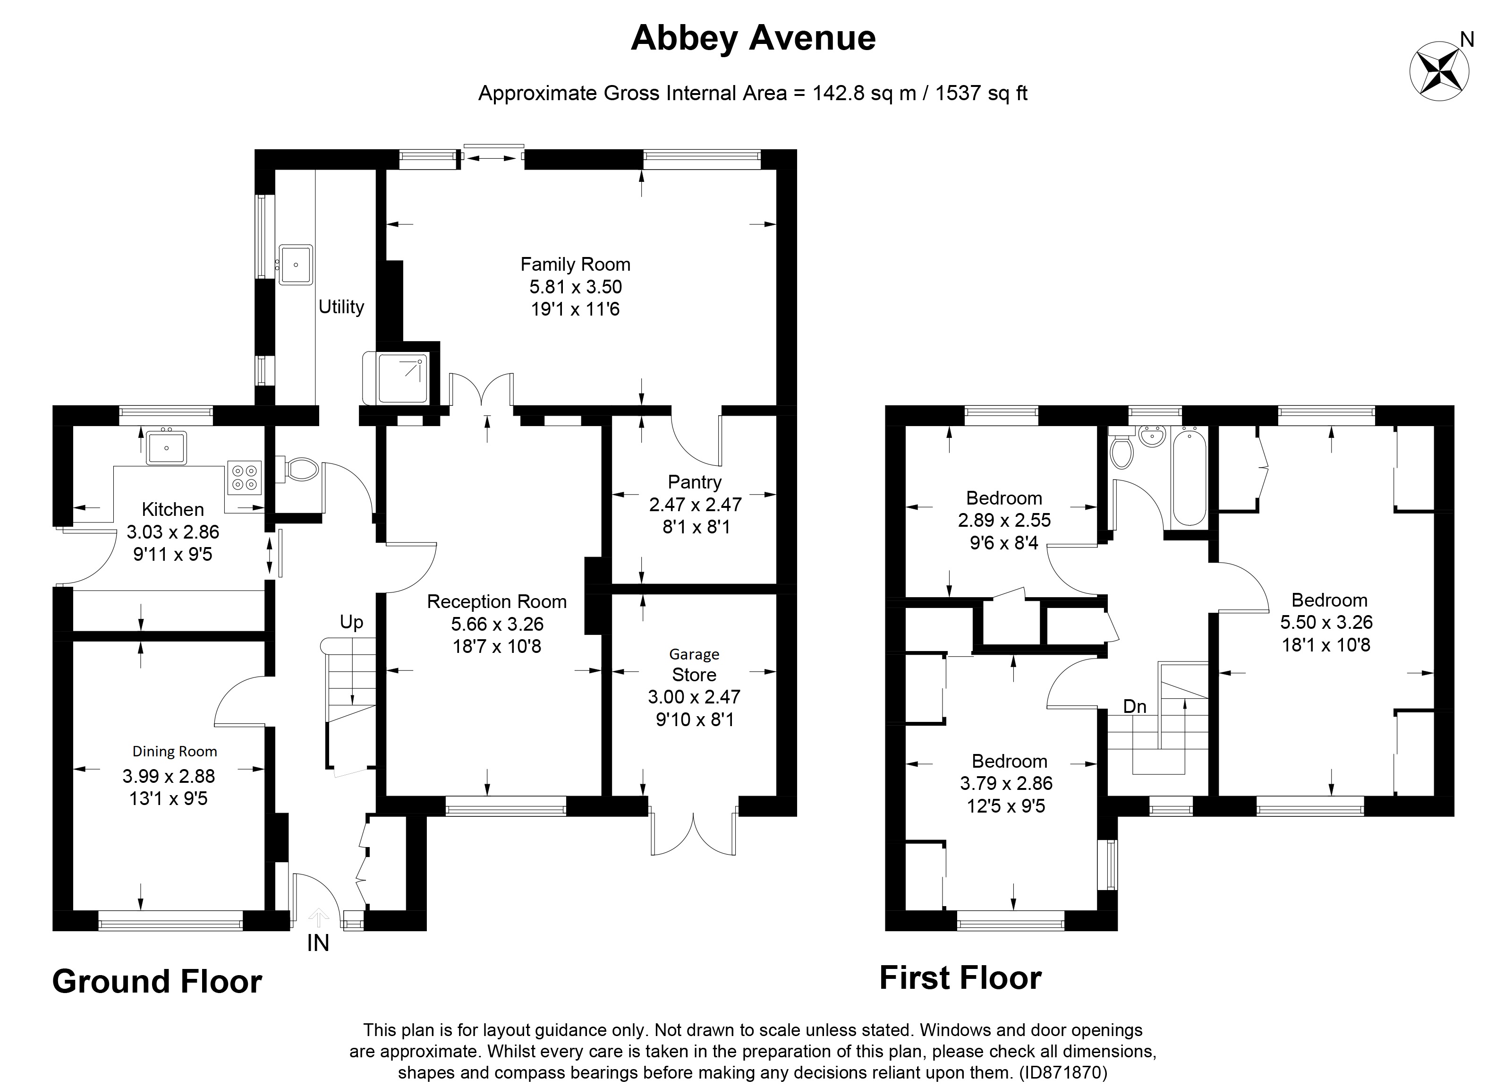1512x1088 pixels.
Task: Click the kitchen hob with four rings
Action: (x=244, y=477)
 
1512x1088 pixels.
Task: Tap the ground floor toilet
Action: (x=301, y=469)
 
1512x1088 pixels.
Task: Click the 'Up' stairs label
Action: (x=351, y=622)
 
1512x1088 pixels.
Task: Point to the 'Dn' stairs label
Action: (x=1135, y=706)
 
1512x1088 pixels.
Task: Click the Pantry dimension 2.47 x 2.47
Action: (x=696, y=504)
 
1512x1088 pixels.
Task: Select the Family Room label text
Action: (x=575, y=264)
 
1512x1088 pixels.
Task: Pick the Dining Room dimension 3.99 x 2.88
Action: (x=169, y=776)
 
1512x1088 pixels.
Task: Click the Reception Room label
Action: (x=497, y=602)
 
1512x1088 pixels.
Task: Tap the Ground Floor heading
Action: (x=157, y=982)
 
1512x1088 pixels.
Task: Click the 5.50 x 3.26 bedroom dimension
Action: (x=1326, y=622)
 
